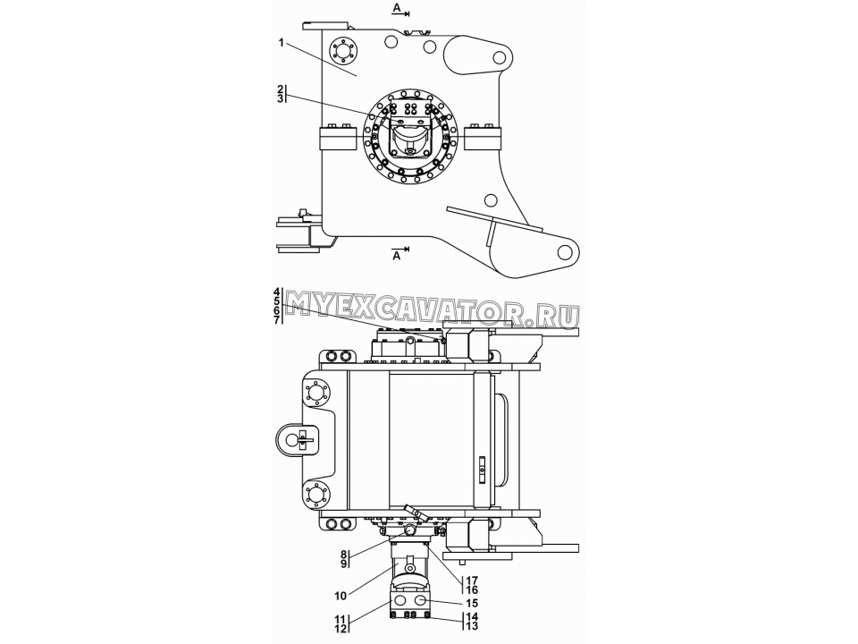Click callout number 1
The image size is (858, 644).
282,43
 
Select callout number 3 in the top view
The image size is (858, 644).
280,98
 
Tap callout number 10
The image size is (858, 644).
340,596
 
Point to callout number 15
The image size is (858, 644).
471,603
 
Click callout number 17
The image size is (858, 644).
471,580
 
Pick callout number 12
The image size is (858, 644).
341,629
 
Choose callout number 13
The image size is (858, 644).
472,626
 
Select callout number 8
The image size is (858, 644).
343,555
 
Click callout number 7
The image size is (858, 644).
277,320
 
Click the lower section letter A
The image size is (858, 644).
397,256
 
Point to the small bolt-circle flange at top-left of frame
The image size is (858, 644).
343,53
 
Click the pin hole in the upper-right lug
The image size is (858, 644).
499,57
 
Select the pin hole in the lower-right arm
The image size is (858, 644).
564,252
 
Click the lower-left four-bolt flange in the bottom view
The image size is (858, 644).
316,494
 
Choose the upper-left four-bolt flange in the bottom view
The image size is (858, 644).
316,394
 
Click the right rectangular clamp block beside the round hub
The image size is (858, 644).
483,138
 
